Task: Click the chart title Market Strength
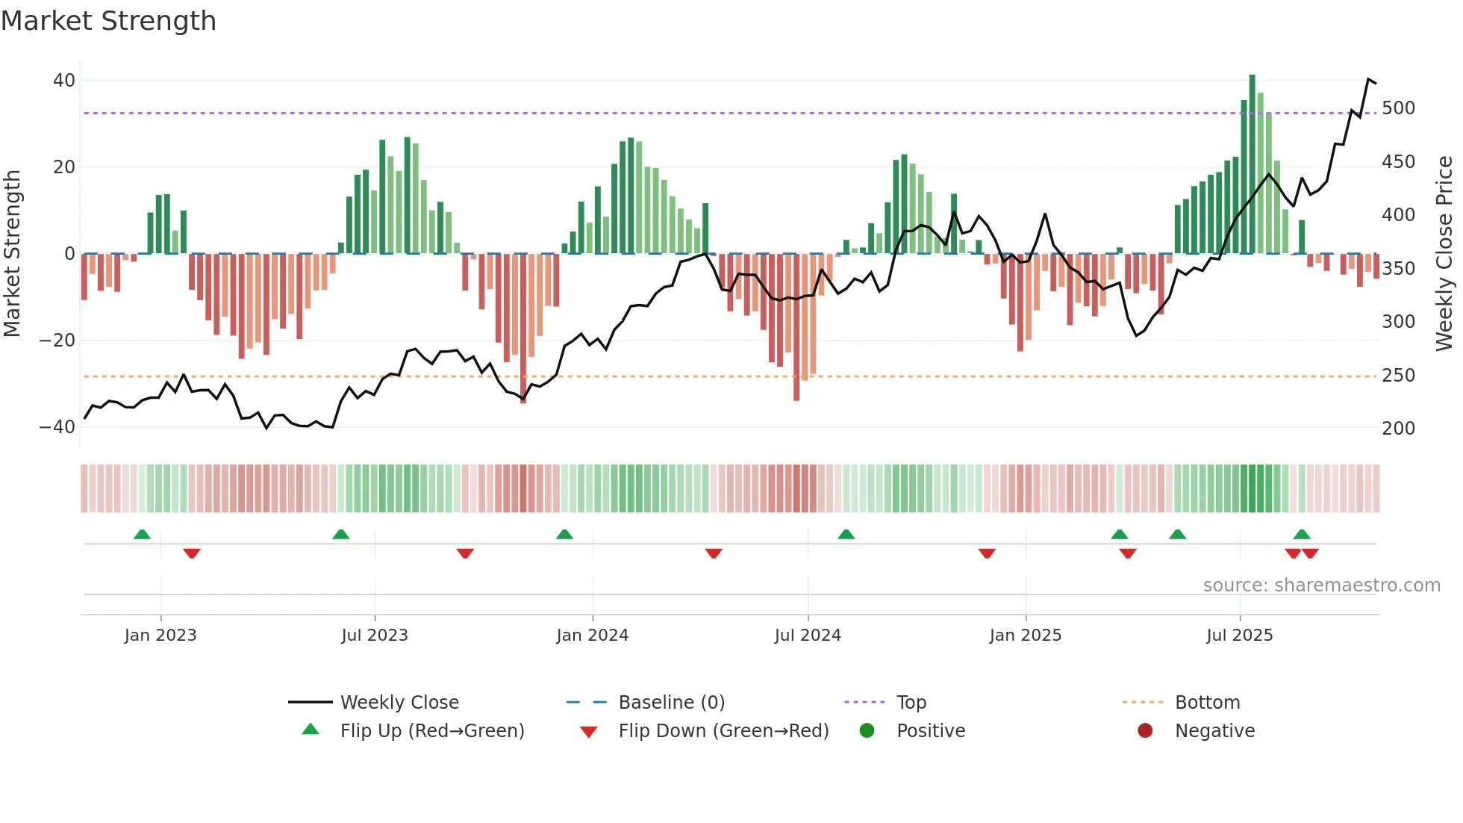108,21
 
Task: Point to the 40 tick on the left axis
64,80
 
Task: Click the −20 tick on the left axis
57,341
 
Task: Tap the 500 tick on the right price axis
1398,108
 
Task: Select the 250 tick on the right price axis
1398,376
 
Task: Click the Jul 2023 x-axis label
375,636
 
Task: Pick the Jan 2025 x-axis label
1025,636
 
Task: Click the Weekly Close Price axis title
1444,253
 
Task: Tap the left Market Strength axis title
13,253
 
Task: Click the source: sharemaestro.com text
1321,586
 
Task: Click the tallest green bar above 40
1252,164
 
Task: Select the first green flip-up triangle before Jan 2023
142,534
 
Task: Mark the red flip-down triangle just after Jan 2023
192,553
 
